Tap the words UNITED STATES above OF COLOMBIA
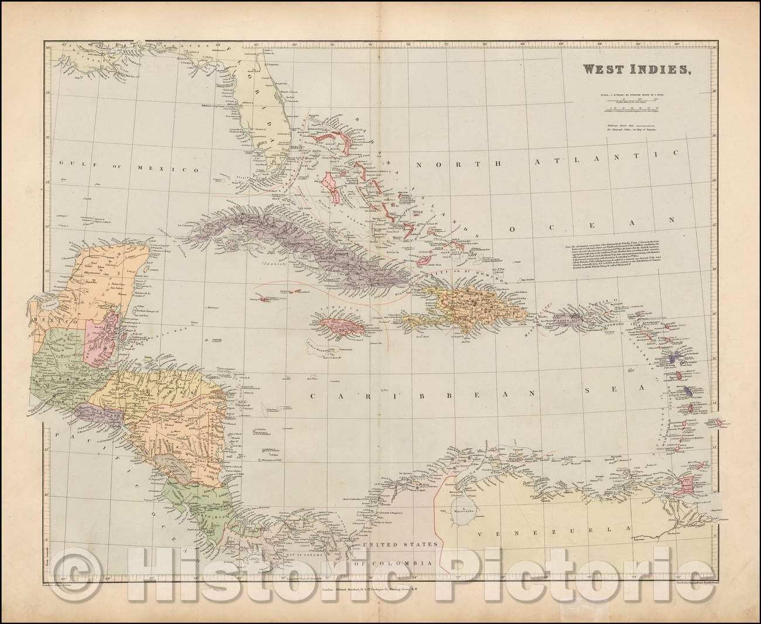[400, 544]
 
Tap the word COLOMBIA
[401, 563]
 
